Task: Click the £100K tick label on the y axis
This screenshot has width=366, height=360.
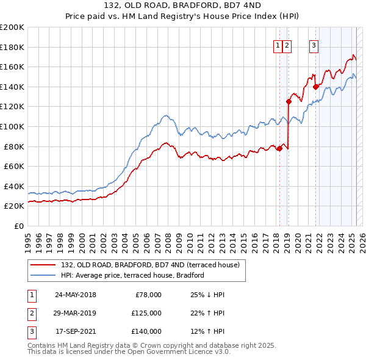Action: pos(12,126)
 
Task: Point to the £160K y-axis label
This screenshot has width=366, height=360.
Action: pos(12,67)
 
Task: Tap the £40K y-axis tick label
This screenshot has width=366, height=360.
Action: pos(13,186)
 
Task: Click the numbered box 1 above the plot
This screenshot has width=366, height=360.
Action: pos(278,44)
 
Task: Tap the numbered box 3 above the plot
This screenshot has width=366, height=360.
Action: pos(314,44)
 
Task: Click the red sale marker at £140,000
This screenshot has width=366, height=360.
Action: pos(316,87)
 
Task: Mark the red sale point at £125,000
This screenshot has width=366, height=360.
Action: pos(289,101)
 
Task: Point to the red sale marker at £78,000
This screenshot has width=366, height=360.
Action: pos(279,148)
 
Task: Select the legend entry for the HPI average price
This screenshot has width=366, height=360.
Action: pos(132,275)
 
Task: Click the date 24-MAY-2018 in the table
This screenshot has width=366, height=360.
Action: pos(76,295)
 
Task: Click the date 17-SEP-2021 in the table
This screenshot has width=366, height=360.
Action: pos(76,331)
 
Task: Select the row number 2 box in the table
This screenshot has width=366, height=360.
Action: pos(31,313)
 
